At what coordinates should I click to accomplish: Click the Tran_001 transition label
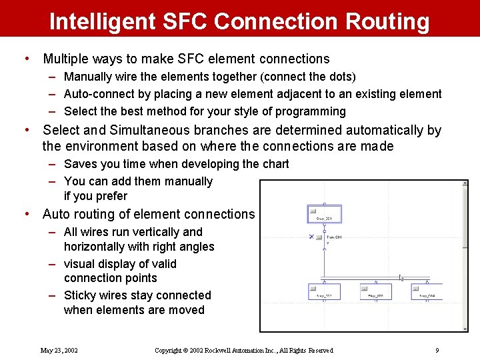tap(333, 237)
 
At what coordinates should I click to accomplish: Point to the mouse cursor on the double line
tap(401, 277)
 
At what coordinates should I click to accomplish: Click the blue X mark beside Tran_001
tap(311, 237)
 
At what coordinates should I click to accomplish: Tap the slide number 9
tap(437, 350)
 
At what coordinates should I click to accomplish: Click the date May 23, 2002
tap(59, 350)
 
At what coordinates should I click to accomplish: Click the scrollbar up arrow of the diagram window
tap(464, 183)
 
